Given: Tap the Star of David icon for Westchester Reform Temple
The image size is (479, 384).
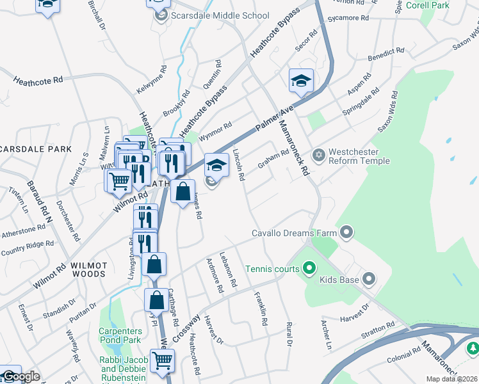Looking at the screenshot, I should coord(318,156).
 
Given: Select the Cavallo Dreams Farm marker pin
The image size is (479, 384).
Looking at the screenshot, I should coord(347,232).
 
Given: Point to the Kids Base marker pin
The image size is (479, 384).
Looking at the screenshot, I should coord(368,278).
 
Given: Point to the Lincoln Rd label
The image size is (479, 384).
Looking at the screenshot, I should coord(239,165).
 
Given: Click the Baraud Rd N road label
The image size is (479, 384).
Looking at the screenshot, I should coord(38,202).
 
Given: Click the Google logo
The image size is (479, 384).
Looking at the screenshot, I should coord(20,376).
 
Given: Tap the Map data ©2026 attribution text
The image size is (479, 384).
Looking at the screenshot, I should coord(452,379).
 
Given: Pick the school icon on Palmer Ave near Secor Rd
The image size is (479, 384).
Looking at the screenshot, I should coord(301,81).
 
